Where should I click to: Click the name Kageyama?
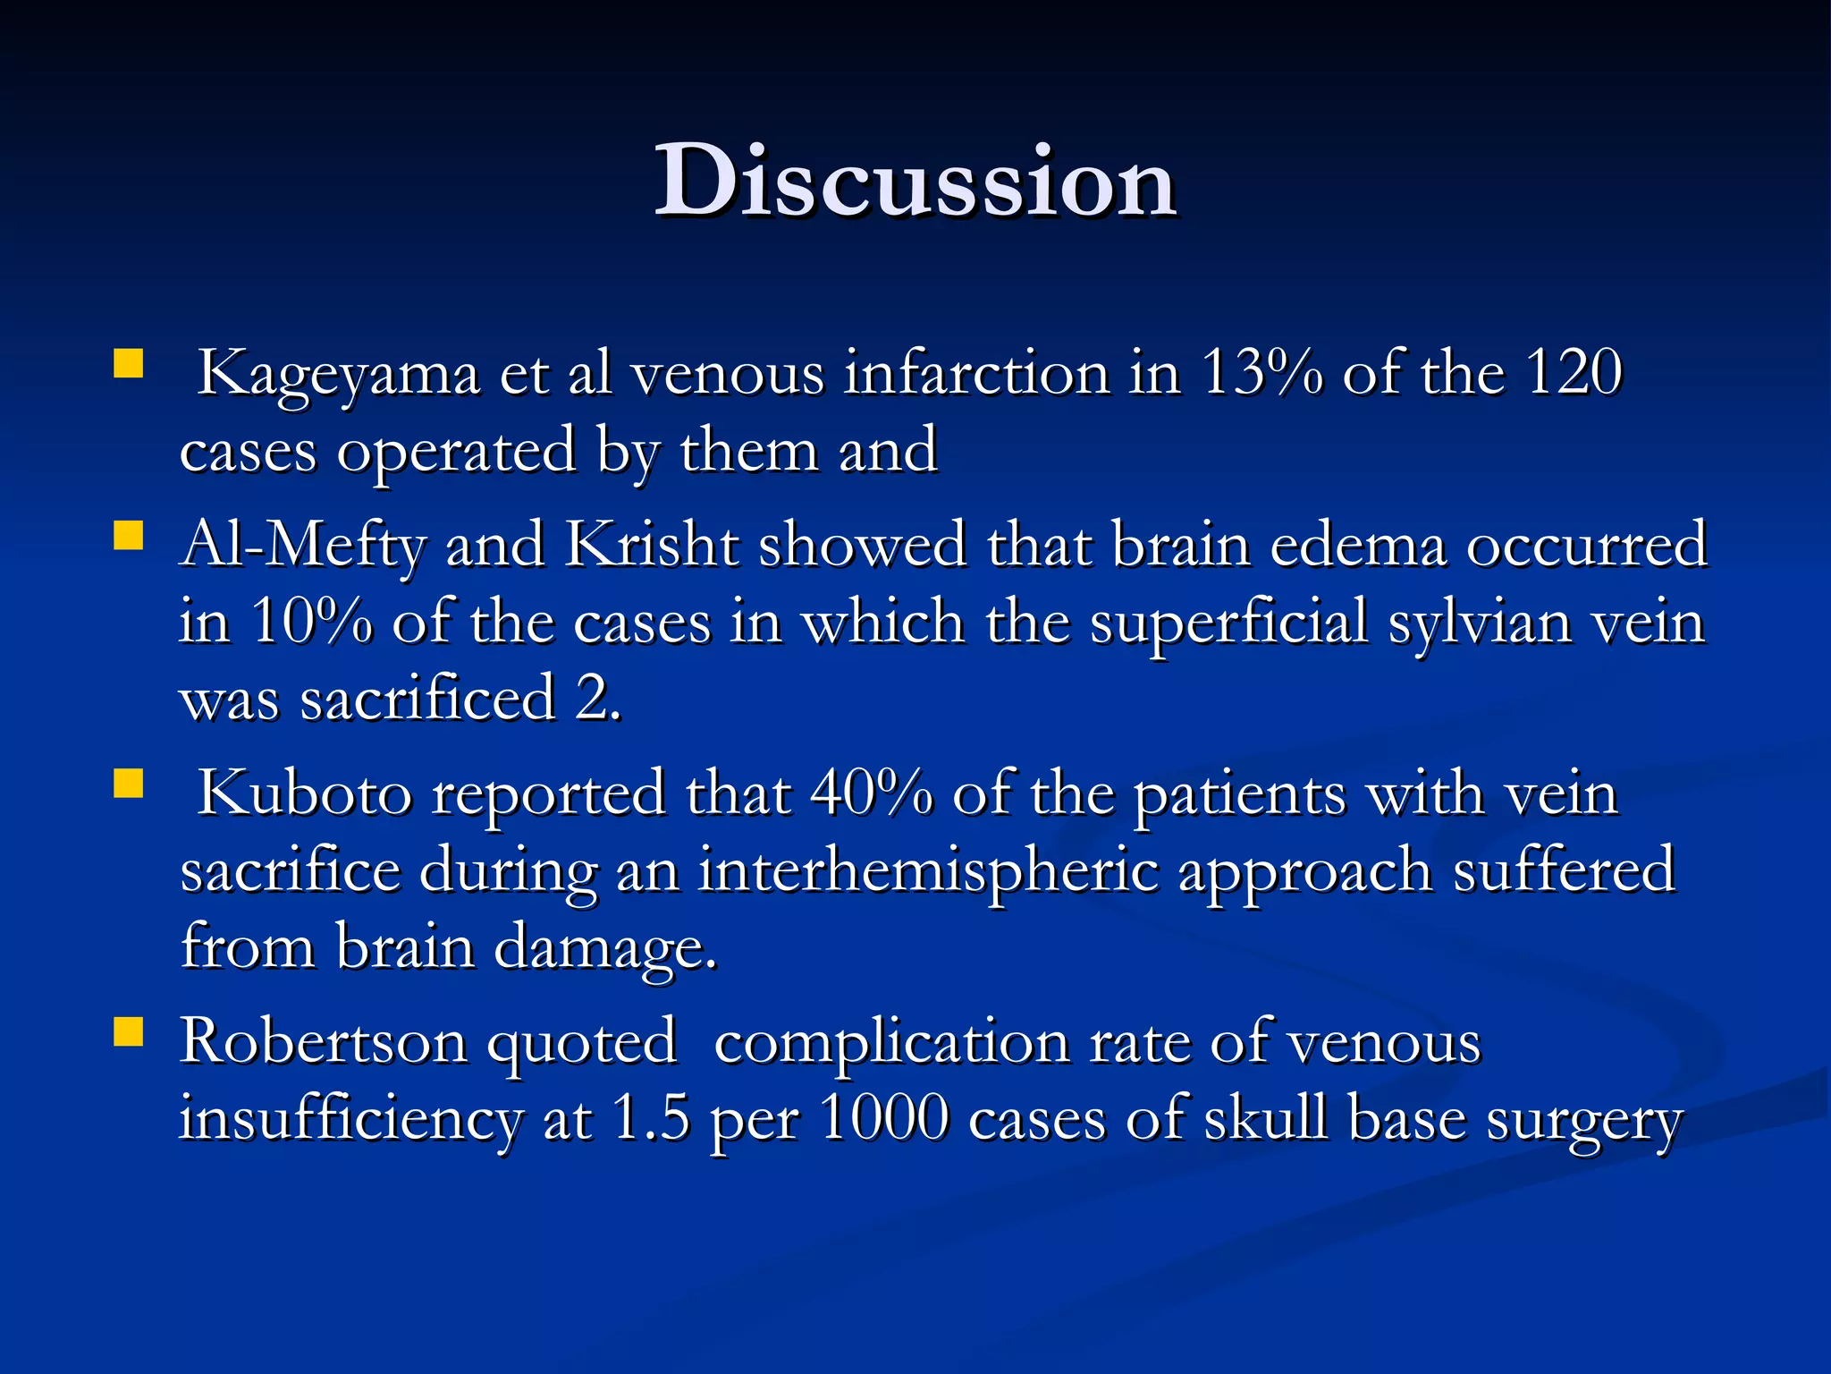[338, 374]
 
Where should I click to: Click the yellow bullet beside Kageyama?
[129, 365]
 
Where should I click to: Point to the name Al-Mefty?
[302, 545]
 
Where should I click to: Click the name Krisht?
[653, 545]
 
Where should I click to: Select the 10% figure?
[310, 621]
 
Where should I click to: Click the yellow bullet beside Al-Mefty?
[129, 537]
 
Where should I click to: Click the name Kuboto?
[305, 793]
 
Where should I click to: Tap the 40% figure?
[871, 793]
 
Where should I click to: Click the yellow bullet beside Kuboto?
[129, 785]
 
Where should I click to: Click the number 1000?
[884, 1118]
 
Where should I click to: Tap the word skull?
[1265, 1118]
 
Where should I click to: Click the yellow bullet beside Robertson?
[129, 1033]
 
